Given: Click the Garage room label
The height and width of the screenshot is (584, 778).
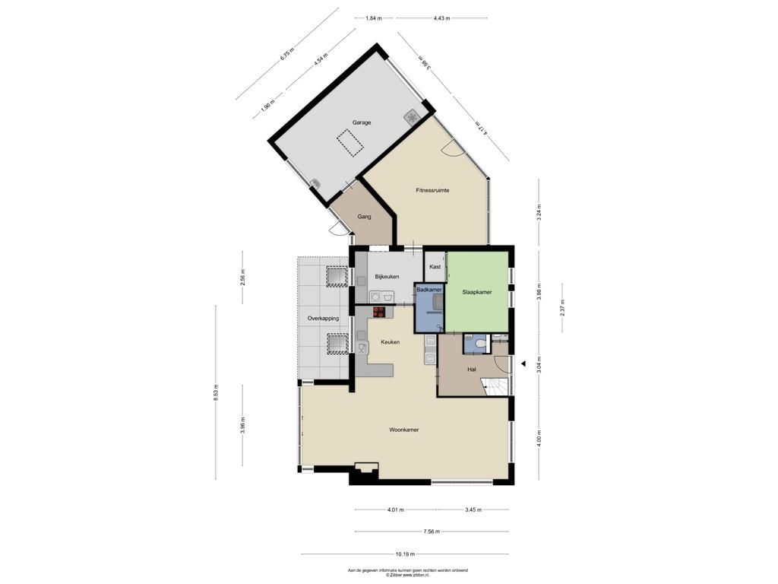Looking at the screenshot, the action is pos(362,122).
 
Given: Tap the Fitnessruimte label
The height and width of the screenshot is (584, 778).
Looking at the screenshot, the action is pos(432,190).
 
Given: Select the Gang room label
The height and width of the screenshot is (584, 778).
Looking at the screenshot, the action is pos(364,217).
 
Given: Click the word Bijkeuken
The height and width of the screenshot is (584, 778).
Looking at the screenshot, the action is pos(387,277).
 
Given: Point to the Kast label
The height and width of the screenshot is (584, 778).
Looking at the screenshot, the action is pos(435,267).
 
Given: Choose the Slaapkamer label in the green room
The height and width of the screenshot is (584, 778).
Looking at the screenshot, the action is pos(477,293).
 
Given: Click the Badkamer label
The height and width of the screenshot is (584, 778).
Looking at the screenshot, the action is pos(429,290).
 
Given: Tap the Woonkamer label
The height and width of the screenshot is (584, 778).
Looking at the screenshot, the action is pos(404,430).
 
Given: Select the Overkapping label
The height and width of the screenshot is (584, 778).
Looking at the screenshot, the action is pos(323,319).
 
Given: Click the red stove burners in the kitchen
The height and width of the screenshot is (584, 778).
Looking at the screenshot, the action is pos(379,312).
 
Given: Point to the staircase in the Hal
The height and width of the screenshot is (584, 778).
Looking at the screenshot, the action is pos(496,386).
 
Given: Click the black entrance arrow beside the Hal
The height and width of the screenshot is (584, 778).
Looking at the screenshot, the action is pos(523,363).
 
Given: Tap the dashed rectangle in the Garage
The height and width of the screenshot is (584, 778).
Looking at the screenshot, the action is pos(350,144).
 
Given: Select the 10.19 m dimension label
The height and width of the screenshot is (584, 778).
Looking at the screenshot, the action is pos(405,554).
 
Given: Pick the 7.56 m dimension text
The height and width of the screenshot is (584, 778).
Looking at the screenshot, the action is pos(432,532).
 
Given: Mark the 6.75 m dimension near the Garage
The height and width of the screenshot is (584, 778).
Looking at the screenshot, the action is pos(286,54).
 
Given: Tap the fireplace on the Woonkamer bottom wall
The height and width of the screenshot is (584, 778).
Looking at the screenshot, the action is pos(367,468).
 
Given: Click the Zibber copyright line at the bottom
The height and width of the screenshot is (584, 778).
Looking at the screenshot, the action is pos(407,575).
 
